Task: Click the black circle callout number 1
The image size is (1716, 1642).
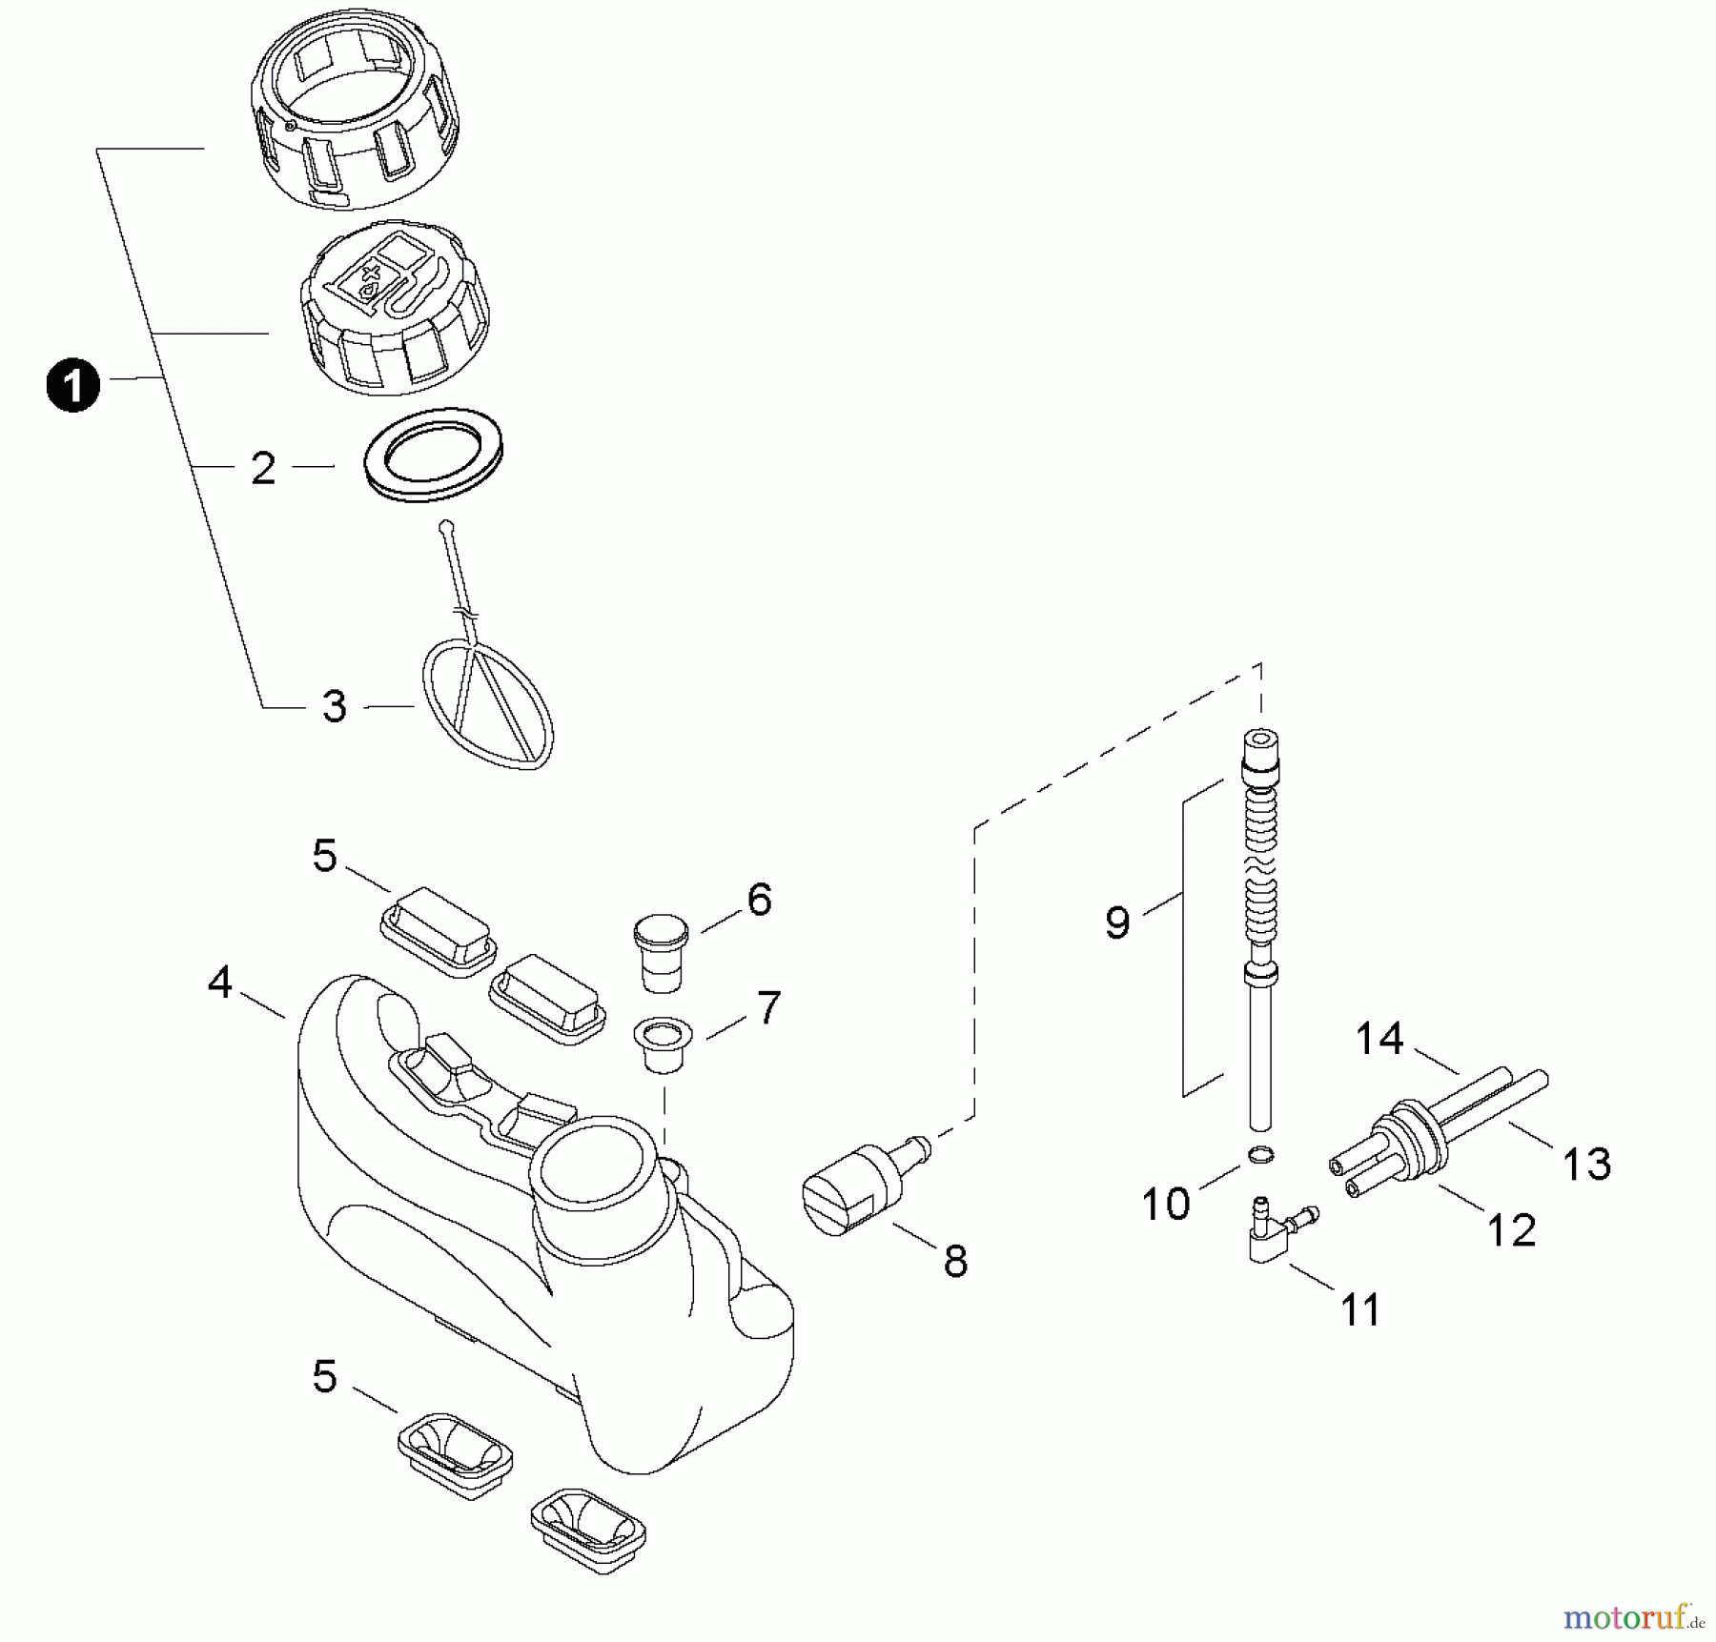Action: [72, 385]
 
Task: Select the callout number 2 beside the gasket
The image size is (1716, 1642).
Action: [263, 468]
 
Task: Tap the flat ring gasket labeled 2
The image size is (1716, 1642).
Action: [435, 455]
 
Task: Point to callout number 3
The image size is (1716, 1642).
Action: [334, 706]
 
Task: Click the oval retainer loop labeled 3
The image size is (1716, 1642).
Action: [488, 703]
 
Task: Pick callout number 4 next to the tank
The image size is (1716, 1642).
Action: [220, 983]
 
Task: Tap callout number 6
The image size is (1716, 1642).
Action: [759, 900]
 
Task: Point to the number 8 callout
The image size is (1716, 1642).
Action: [955, 1261]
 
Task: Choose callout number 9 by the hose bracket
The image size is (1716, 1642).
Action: [1117, 922]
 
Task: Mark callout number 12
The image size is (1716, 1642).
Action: [1512, 1230]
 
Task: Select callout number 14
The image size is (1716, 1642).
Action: [1379, 1038]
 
